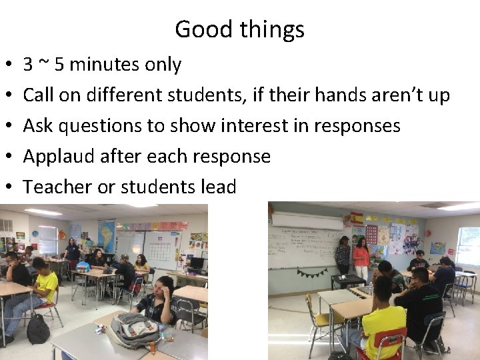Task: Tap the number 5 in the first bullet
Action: pyautogui.click(x=59, y=65)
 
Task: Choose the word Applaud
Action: pyautogui.click(x=58, y=157)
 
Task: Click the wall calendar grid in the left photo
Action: pyautogui.click(x=161, y=250)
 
